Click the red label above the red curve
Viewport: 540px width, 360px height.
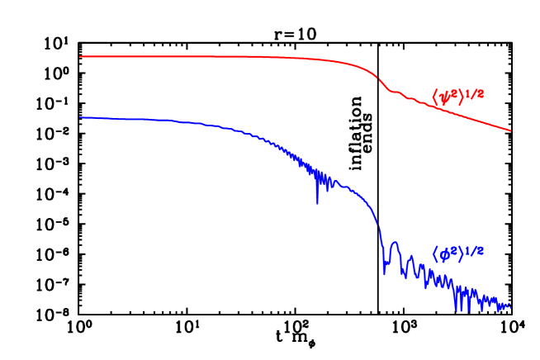coord(457,96)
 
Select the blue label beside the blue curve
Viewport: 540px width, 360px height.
coord(457,253)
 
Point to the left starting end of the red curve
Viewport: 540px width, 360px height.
coord(80,57)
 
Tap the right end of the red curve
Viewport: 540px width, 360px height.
coord(510,130)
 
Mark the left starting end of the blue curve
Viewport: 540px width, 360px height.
coord(80,117)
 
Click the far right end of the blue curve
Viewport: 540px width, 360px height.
coord(510,306)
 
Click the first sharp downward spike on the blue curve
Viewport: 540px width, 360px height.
coord(316,201)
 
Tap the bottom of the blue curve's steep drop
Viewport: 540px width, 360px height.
coord(384,272)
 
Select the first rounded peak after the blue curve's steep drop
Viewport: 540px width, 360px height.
coord(395,244)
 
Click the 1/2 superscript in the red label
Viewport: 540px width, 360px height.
coord(475,93)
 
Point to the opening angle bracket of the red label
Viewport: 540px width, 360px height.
coord(435,98)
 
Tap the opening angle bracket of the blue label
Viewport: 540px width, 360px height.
coord(435,255)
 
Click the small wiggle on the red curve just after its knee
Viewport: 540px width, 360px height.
coord(395,92)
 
